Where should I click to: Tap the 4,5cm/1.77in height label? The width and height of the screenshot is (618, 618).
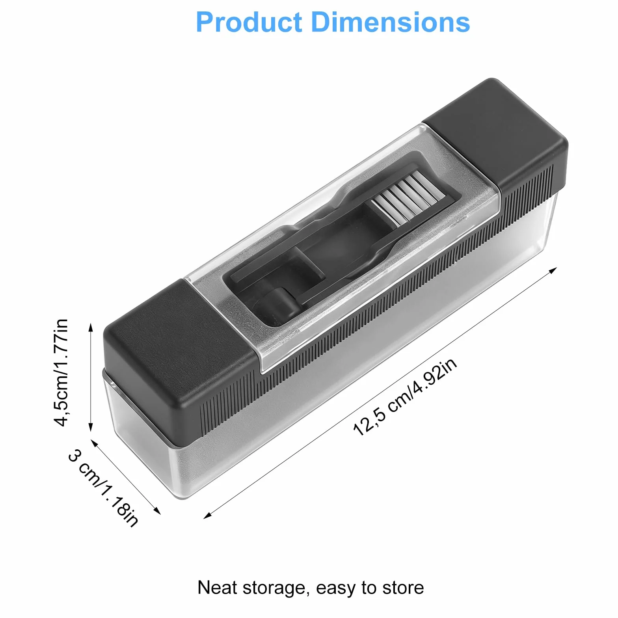[x=61, y=372]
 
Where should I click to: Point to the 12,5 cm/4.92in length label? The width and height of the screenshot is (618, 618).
[x=405, y=397]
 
